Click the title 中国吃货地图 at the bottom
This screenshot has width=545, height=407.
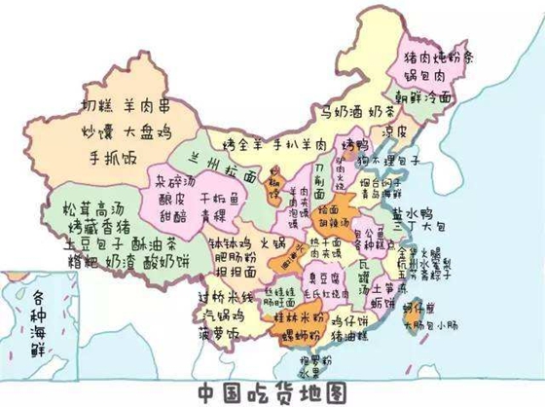[272, 390]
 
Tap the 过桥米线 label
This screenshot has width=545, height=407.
[227, 294]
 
